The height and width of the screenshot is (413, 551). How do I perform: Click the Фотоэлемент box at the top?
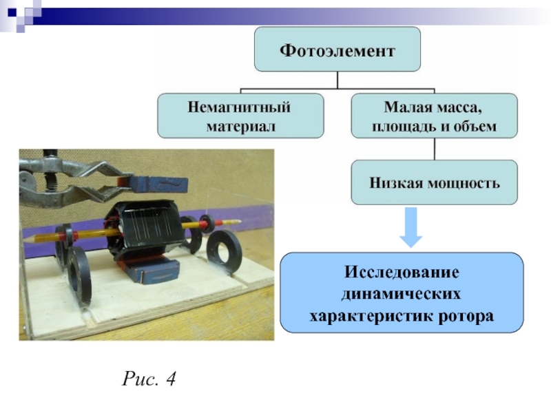tap(337, 50)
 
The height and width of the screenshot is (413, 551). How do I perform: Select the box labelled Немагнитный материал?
tap(240, 116)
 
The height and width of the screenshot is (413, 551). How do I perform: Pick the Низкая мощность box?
tap(434, 182)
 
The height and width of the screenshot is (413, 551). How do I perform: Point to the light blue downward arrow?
tap(411, 228)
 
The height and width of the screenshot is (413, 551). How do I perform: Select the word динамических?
tap(402, 294)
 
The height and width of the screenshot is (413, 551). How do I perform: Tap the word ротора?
tap(466, 317)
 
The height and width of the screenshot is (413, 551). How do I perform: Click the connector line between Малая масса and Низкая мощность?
tap(434, 149)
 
